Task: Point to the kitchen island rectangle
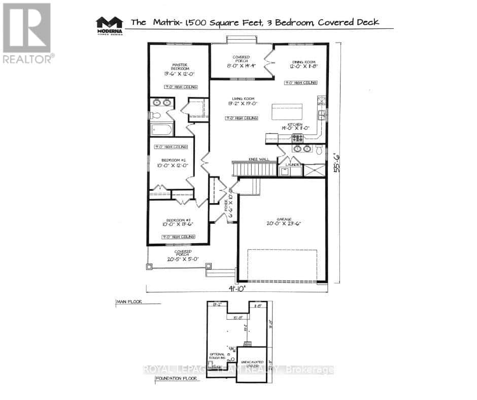tap(287, 111)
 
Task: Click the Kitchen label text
tap(295, 124)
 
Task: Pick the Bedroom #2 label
tap(171, 159)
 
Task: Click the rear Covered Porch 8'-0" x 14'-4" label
tap(240, 61)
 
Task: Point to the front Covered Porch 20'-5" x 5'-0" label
tap(183, 255)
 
